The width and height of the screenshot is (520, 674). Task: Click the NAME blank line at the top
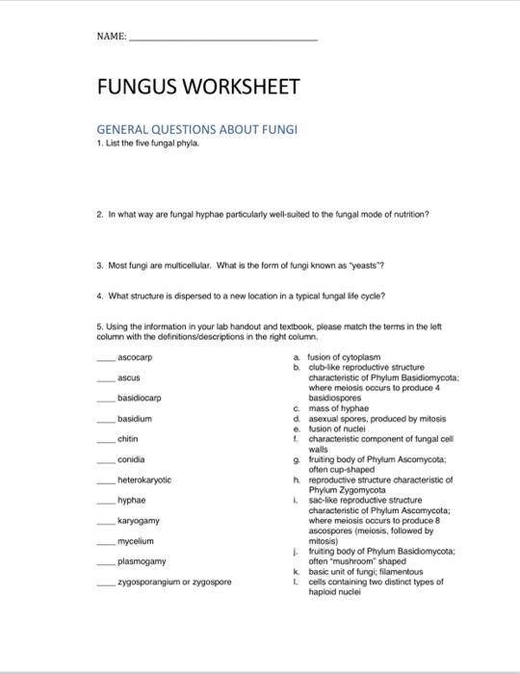coord(222,39)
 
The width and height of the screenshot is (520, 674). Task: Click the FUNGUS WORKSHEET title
coord(196,89)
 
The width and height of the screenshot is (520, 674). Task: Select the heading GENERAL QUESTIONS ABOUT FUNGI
coord(198,129)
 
